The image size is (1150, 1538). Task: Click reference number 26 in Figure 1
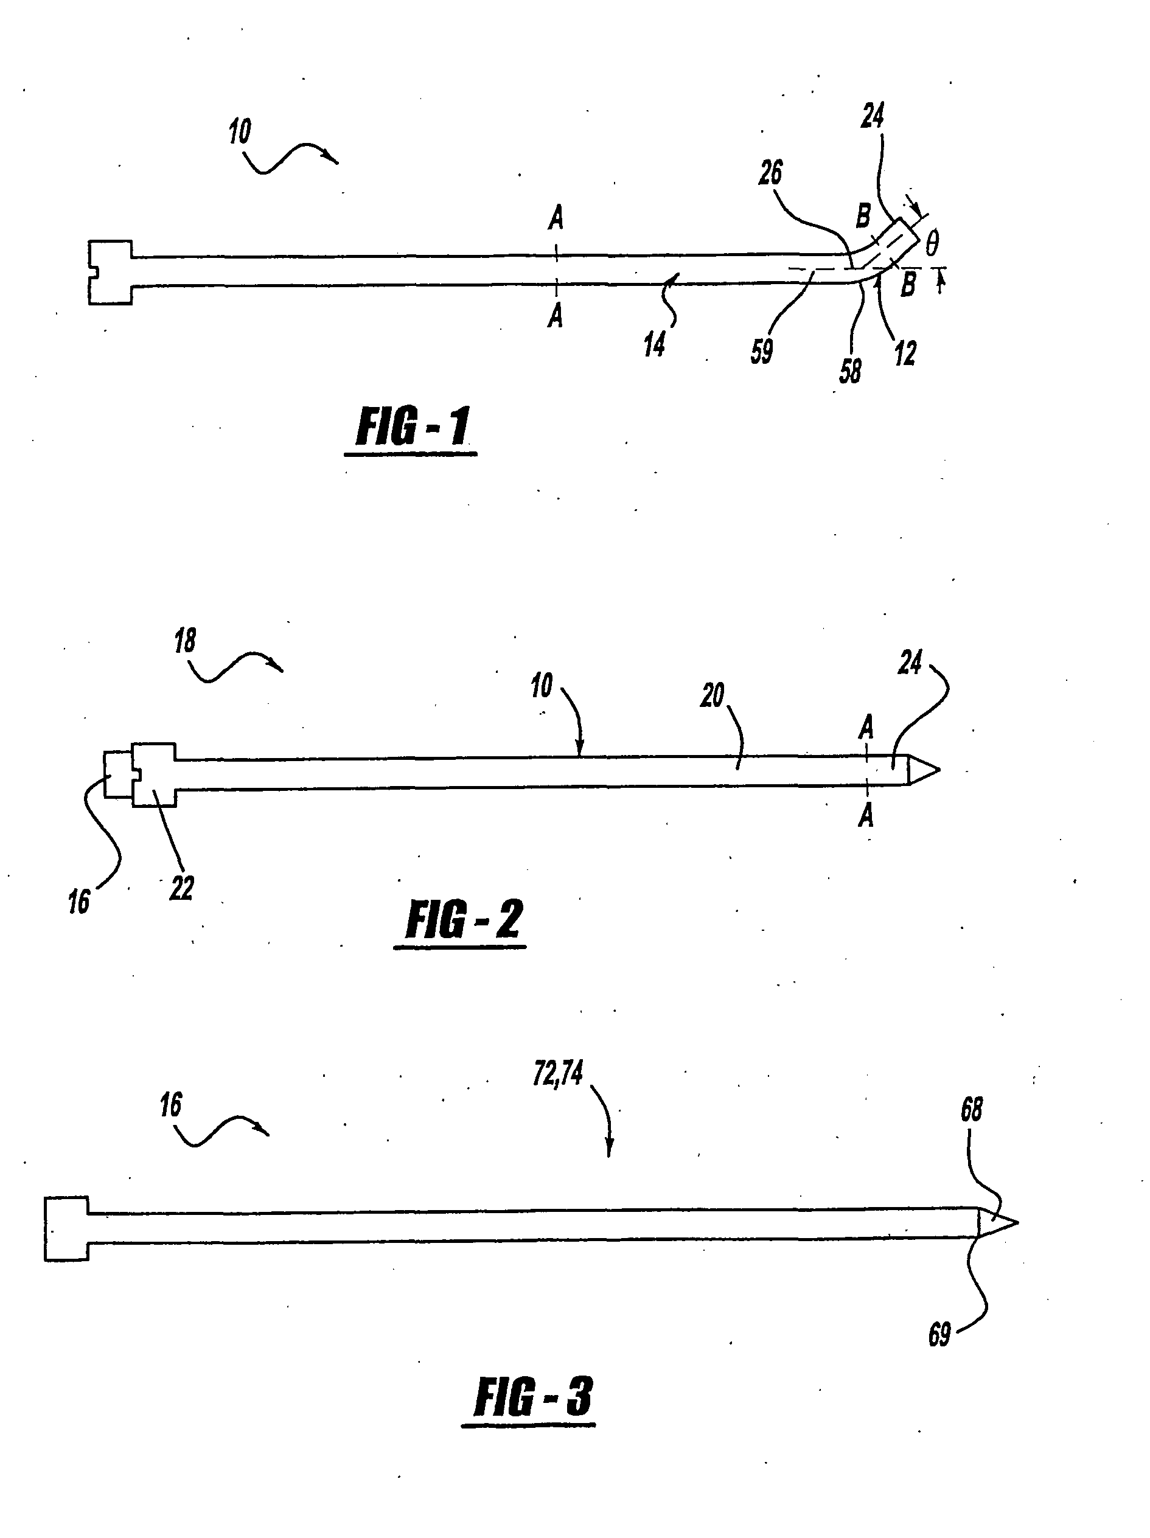[x=770, y=172]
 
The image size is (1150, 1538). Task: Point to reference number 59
[x=761, y=350]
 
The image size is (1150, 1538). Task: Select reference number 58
[x=849, y=371]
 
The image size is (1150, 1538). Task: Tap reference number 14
[x=653, y=344]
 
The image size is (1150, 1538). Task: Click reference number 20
[x=712, y=695]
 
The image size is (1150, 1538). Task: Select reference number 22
[x=181, y=888]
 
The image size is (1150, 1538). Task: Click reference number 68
[x=971, y=1110]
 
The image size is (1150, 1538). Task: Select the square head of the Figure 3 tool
[x=67, y=1228]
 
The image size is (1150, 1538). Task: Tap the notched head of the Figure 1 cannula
[x=111, y=272]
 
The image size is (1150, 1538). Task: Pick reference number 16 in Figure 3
[x=170, y=1105]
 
